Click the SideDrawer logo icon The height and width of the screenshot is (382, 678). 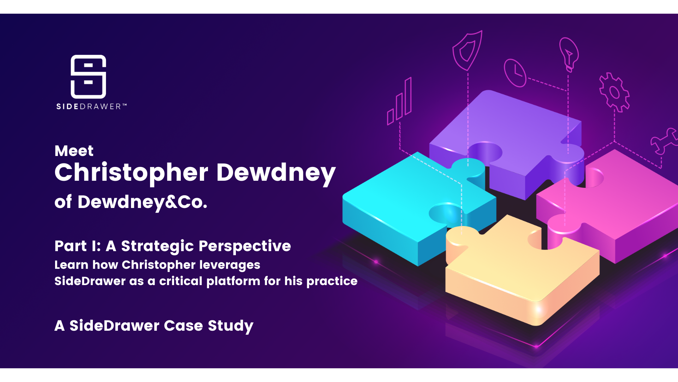(88, 76)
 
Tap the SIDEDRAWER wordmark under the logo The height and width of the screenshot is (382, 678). (91, 106)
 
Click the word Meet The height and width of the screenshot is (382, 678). (74, 151)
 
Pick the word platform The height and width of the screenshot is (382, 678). (233, 281)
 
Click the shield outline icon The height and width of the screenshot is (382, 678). (467, 51)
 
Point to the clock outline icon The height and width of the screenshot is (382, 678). (515, 73)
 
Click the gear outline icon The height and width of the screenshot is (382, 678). (614, 92)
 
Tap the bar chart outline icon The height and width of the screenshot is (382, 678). (399, 101)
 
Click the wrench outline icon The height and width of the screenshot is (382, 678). (664, 141)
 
